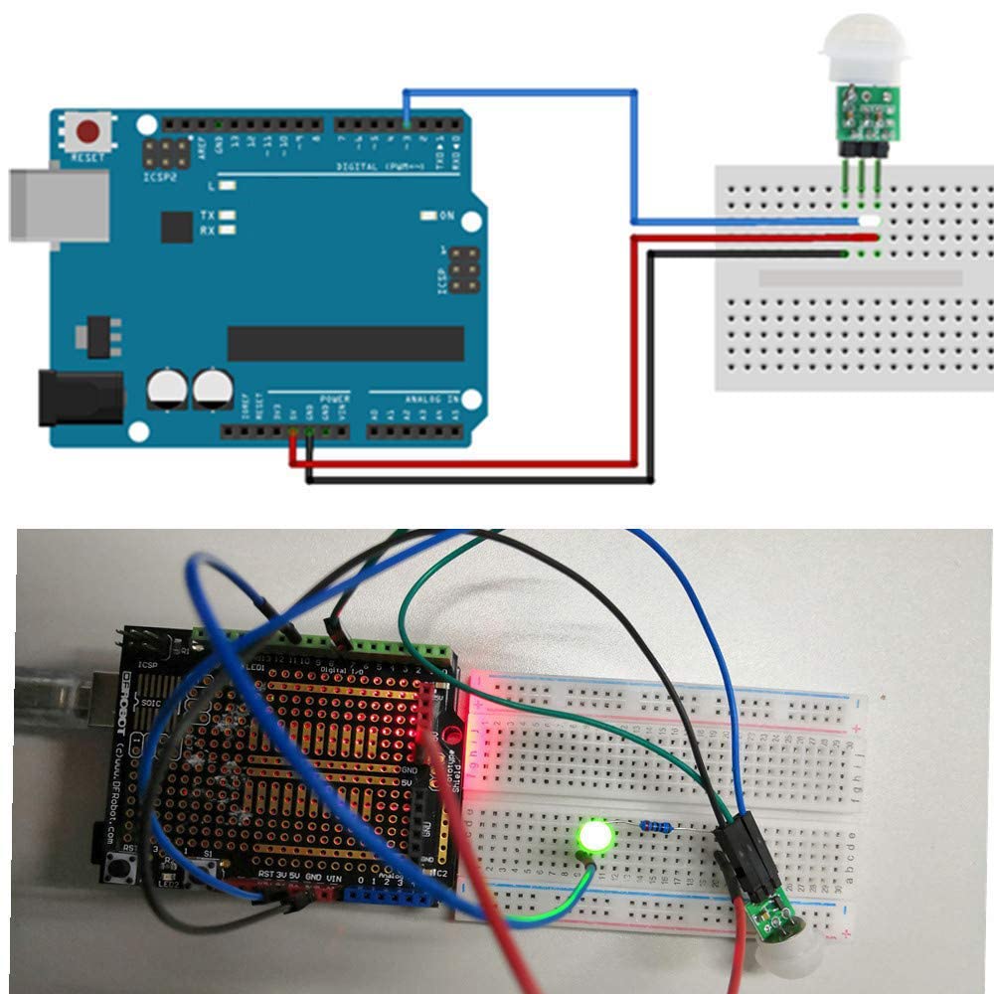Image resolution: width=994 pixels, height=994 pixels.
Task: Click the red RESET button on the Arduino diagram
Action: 90,131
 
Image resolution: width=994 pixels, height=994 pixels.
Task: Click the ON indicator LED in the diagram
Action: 428,216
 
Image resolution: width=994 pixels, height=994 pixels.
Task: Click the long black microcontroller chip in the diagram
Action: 345,343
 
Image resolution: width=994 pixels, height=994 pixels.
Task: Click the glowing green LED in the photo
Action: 593,837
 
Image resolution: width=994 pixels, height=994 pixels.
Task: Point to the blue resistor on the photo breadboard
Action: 656,825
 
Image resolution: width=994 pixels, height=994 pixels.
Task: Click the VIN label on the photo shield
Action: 334,877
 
